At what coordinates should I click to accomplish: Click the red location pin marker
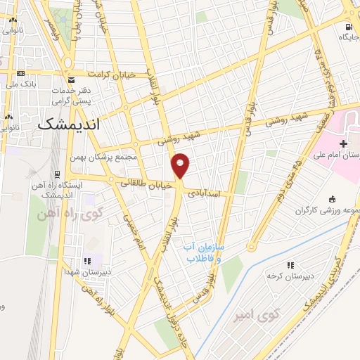coord(181,165)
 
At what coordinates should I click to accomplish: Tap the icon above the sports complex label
coord(331,199)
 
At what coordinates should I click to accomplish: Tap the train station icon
coord(57,174)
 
